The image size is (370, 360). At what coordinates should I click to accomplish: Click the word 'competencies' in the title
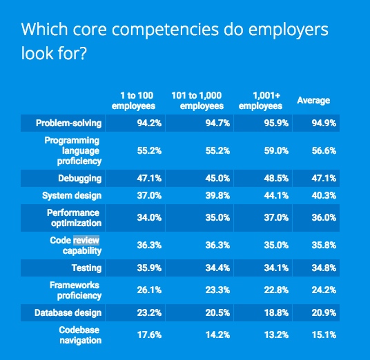click(x=165, y=30)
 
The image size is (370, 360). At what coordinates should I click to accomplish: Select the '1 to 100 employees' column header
click(x=133, y=101)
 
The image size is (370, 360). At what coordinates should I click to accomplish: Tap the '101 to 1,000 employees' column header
click(x=197, y=101)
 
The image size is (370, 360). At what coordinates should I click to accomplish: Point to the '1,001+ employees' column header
click(x=261, y=101)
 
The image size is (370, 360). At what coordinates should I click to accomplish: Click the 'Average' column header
click(x=313, y=101)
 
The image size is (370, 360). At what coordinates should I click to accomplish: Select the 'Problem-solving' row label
click(x=68, y=123)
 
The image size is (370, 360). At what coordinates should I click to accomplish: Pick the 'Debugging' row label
click(x=80, y=179)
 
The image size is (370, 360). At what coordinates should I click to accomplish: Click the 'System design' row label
click(x=72, y=196)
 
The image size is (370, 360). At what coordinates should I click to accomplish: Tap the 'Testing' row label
click(x=87, y=268)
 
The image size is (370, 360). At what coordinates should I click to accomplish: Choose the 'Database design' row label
click(x=68, y=313)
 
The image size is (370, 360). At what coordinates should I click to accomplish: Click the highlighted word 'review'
click(x=86, y=240)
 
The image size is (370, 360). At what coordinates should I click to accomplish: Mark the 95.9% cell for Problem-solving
click(x=276, y=123)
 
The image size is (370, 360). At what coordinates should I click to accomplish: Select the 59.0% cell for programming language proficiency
click(x=276, y=150)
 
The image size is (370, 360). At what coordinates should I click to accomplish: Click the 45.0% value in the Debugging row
click(x=217, y=178)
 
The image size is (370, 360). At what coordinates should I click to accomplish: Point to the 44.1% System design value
click(x=276, y=195)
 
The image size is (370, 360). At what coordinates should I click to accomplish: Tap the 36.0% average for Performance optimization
click(x=324, y=218)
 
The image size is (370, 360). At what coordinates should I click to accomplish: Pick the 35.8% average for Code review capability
click(x=324, y=246)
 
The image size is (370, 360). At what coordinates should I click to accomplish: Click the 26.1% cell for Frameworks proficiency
click(x=149, y=290)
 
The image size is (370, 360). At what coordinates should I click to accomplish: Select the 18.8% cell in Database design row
click(x=276, y=313)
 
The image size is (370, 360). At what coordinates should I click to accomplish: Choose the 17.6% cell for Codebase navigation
click(x=149, y=335)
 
